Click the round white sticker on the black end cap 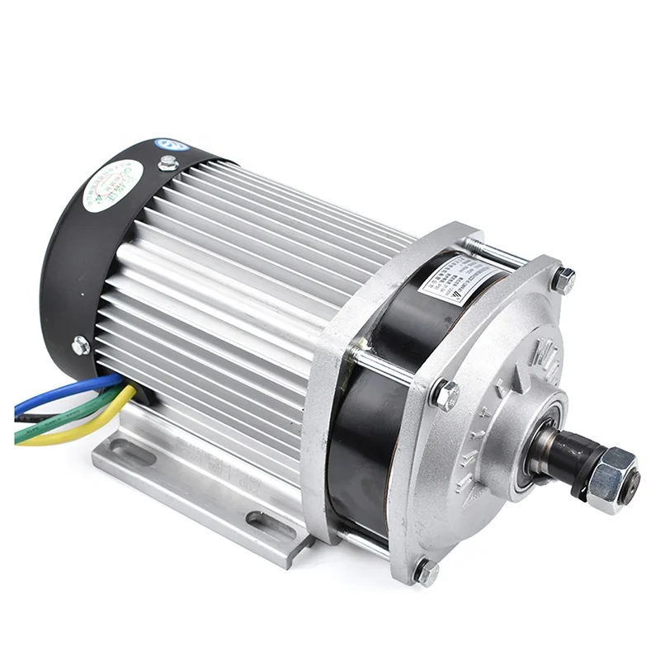(113, 186)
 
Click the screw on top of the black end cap (168, 163)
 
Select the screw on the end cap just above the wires (80, 346)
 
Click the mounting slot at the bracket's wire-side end (132, 453)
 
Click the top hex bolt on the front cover (563, 280)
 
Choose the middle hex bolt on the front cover (445, 395)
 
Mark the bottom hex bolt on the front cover (426, 571)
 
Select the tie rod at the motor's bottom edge (363, 540)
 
